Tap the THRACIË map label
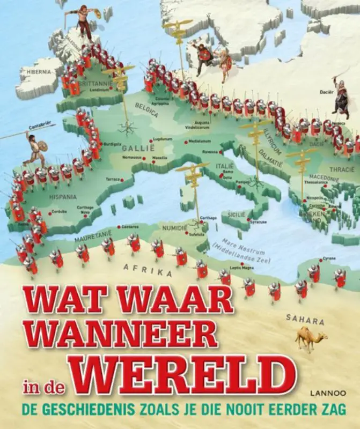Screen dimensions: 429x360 [341, 169]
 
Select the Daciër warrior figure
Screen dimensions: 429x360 [340, 97]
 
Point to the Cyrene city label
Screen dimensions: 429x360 [329, 258]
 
